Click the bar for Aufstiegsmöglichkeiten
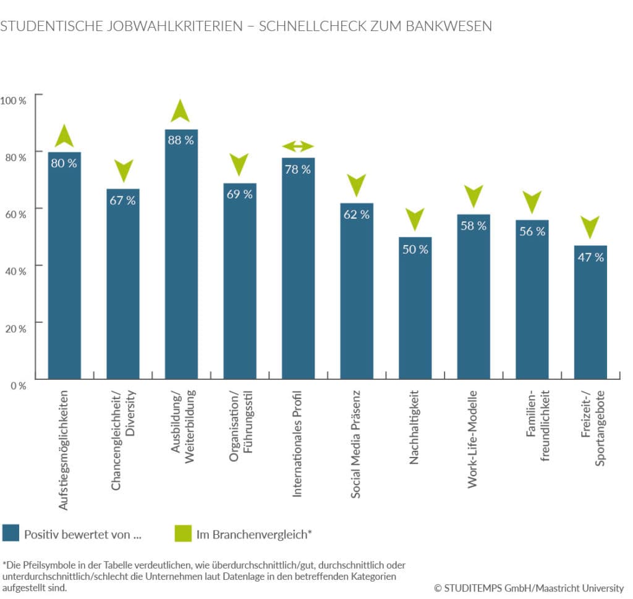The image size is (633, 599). pos(64,266)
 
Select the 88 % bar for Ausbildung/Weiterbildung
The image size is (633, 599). pos(181,253)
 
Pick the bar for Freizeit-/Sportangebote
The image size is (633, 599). pos(590,312)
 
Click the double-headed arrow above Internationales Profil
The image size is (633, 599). pos(298,146)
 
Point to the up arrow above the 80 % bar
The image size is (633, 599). pos(64,136)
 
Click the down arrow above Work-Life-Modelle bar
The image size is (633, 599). pos(474,196)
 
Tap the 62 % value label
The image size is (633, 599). pos(357,215)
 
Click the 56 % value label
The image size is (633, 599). pos(532,232)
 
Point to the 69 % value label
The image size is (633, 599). pos(240,195)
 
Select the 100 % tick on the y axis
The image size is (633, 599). pos(14,100)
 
